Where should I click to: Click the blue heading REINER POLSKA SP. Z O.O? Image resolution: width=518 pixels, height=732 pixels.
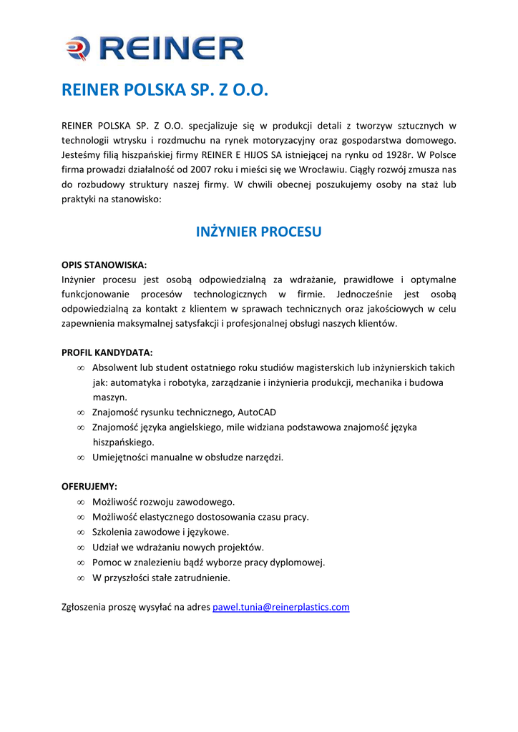coord(165,91)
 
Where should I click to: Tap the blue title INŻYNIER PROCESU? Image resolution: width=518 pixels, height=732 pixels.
coord(259,232)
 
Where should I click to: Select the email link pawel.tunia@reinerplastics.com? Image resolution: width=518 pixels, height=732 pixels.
coord(281,608)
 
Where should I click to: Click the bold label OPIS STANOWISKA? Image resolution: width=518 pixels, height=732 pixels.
coord(104,264)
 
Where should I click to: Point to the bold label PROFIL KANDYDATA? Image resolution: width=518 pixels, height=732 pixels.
coord(107,352)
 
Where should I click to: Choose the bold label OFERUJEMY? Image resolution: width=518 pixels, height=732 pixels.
coord(89,486)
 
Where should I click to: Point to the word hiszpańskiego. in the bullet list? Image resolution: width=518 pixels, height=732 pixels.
coord(124,442)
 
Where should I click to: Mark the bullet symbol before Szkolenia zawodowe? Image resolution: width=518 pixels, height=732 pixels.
coord(81,533)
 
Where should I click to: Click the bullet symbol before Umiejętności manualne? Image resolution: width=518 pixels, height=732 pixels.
coord(81,457)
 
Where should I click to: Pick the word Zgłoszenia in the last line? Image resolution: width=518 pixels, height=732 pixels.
coord(84,608)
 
